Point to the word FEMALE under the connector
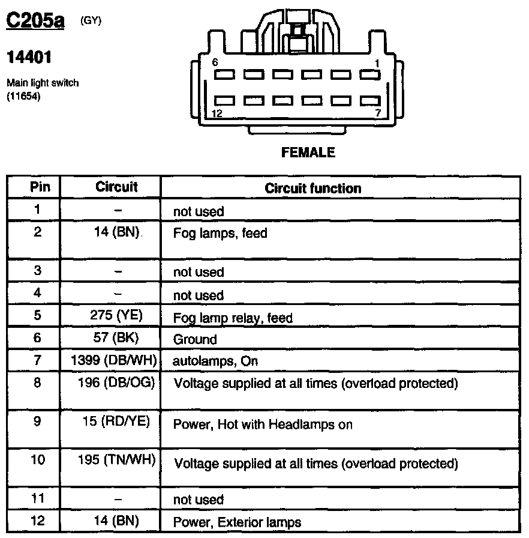(x=308, y=153)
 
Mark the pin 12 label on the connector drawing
(x=217, y=113)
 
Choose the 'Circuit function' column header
(x=312, y=189)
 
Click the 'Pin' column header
(x=38, y=187)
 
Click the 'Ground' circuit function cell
(x=194, y=339)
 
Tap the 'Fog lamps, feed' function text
(x=220, y=233)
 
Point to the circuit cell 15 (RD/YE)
(x=118, y=422)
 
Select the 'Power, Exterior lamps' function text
(x=237, y=522)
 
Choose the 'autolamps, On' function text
(x=207, y=361)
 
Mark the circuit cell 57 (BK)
(x=117, y=338)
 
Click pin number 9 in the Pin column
(x=38, y=422)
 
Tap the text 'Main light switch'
(x=42, y=83)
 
